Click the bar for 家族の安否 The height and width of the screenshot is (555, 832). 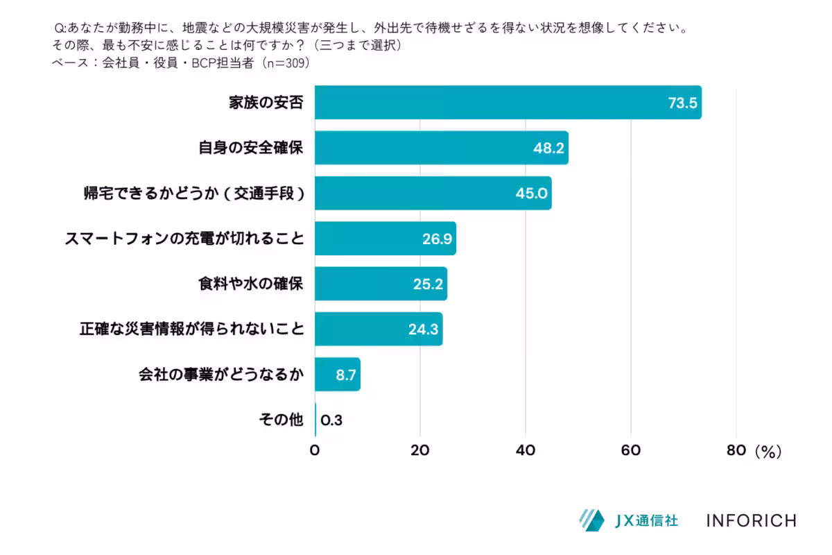[508, 103]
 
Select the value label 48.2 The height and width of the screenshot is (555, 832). [548, 148]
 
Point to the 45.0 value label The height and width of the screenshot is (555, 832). [531, 194]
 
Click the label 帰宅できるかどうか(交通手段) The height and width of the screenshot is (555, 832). [193, 194]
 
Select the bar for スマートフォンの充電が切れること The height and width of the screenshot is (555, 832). [385, 239]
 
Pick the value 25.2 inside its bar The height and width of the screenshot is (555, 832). [427, 284]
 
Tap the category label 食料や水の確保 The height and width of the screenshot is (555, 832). [250, 284]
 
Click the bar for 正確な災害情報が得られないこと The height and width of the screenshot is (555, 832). [379, 329]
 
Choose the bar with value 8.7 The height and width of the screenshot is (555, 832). [338, 375]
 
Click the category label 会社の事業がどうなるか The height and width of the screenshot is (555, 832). [220, 375]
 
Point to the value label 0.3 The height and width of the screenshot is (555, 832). [331, 420]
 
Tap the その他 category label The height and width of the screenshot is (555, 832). [281, 420]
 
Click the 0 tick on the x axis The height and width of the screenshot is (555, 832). [315, 450]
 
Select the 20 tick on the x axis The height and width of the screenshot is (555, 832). [420, 450]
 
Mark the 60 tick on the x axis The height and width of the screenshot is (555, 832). [631, 450]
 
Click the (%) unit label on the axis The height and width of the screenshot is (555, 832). [768, 451]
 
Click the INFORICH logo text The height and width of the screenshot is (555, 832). [751, 520]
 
